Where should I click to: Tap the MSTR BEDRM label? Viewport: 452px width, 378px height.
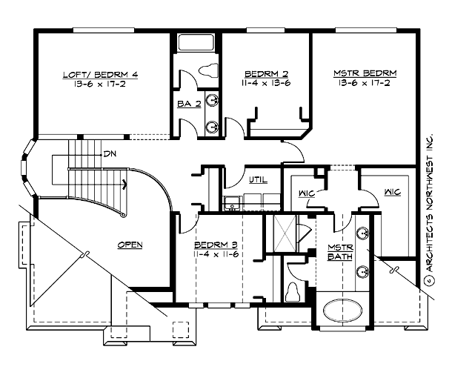point(365,73)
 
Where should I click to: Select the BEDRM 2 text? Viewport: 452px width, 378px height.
point(266,74)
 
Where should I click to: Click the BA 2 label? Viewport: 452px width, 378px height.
point(188,105)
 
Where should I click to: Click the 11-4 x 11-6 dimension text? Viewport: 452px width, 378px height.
point(216,254)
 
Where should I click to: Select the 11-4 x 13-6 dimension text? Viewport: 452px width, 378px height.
point(266,84)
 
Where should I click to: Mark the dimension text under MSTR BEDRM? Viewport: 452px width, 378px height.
point(365,84)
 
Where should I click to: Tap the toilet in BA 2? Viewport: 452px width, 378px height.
point(207,72)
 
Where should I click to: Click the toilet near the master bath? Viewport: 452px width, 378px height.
point(294,290)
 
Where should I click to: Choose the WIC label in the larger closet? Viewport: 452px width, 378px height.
point(392,193)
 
